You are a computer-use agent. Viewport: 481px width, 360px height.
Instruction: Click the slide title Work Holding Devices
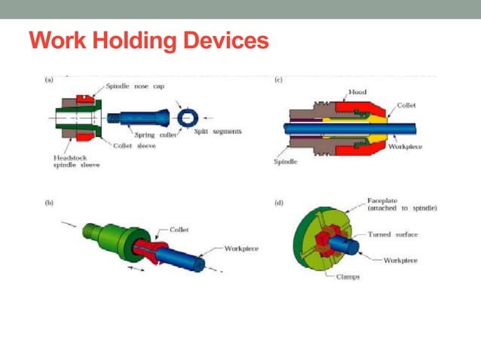coord(149,40)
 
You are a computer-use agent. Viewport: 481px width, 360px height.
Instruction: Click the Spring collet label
coord(156,136)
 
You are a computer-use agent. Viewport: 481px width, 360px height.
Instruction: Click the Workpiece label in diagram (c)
coord(409,146)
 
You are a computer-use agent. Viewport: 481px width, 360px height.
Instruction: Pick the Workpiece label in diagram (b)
coord(243,248)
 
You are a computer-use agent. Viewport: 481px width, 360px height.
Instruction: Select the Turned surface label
coord(392,234)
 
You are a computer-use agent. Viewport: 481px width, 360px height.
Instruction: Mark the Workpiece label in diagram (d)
coord(401,260)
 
